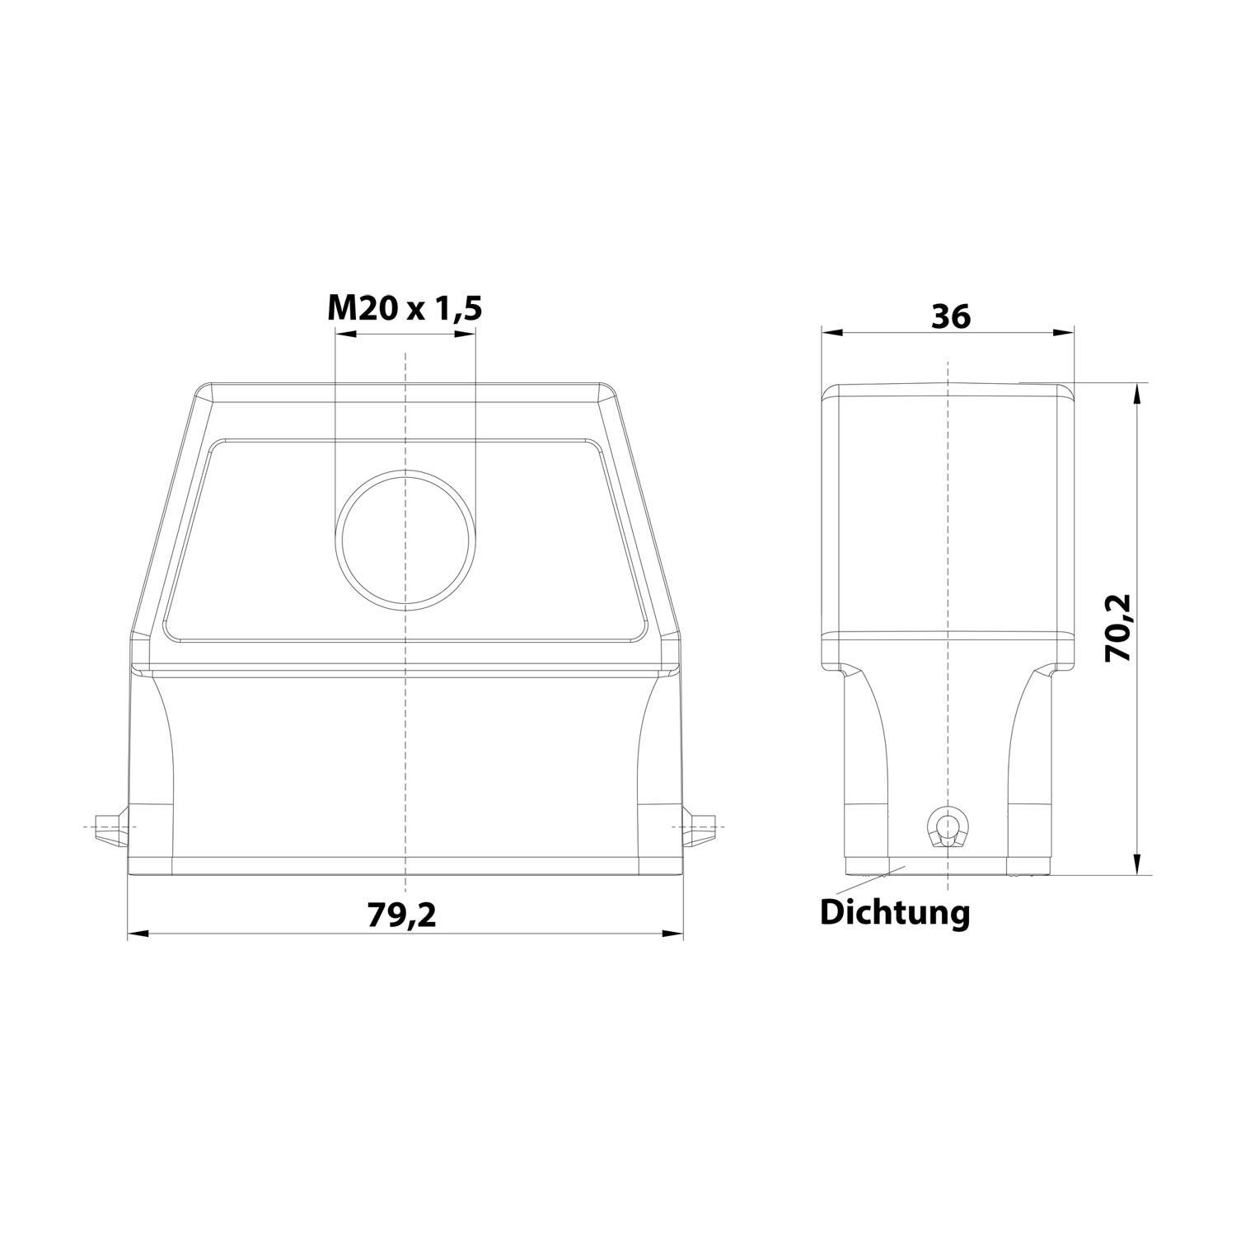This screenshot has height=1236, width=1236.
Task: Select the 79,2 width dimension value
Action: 401,915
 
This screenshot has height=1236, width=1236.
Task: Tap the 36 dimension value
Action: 950,316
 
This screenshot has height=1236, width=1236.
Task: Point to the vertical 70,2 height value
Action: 1119,628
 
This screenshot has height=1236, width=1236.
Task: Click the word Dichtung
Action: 894,913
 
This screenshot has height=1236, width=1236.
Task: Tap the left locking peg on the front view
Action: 110,826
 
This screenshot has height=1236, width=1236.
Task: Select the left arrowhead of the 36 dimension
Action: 832,333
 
